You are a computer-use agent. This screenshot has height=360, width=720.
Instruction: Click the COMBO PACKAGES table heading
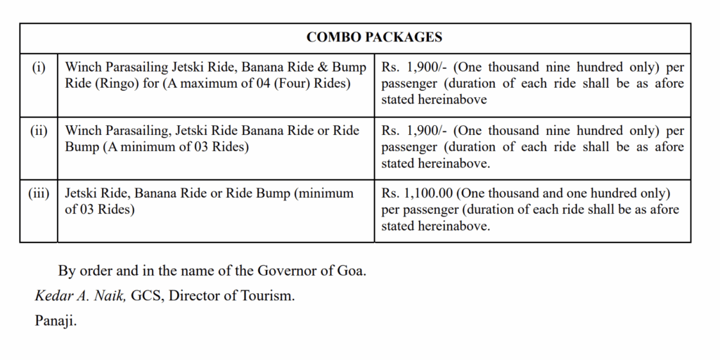point(374,37)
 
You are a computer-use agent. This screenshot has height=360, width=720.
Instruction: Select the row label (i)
point(39,67)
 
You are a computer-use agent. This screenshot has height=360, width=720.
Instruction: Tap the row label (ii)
point(39,131)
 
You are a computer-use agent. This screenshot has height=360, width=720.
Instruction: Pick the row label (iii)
point(39,193)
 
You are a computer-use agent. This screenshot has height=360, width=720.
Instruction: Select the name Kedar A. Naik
point(81,296)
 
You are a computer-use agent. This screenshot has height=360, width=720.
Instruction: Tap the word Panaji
point(56,321)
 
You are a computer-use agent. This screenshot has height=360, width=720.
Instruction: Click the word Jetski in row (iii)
point(84,193)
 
